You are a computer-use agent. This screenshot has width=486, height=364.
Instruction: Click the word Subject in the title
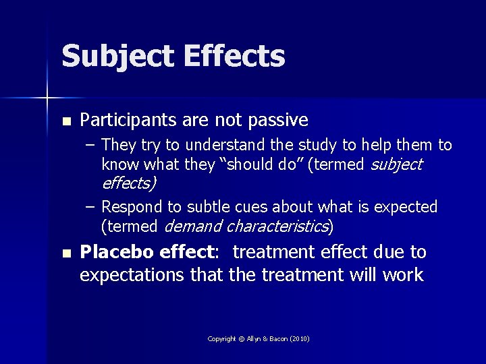click(114, 57)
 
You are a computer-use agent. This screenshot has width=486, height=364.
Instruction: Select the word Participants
click(128, 121)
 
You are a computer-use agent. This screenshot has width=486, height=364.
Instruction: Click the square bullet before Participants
click(65, 122)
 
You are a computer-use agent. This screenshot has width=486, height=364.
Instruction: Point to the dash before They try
click(90, 146)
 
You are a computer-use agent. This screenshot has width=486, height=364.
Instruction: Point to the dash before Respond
click(90, 206)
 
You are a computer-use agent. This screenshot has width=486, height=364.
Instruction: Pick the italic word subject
click(397, 164)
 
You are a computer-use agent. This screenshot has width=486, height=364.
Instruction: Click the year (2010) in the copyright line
click(298, 338)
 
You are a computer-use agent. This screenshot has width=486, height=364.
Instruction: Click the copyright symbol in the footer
click(241, 338)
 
